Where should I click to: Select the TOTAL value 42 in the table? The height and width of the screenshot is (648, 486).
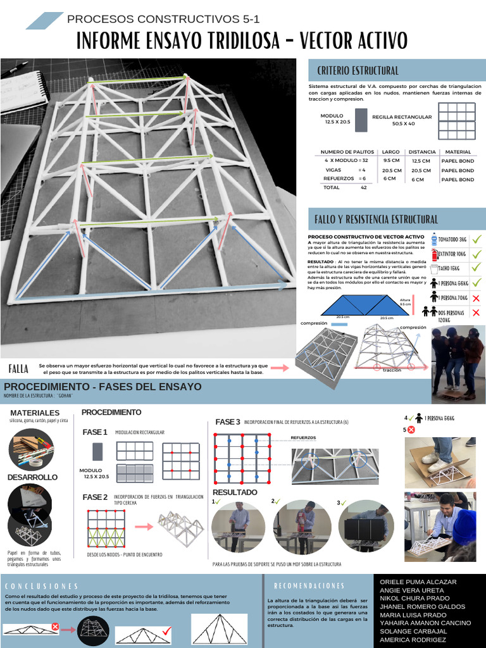point(363,188)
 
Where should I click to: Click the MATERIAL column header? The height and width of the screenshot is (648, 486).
point(458,152)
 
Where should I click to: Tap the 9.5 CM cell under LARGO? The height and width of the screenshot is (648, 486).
point(391,161)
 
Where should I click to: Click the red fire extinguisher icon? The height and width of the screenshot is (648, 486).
point(434,254)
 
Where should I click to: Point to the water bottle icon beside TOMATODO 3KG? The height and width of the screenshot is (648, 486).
point(434,239)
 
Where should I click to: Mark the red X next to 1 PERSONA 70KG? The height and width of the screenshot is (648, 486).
point(477,298)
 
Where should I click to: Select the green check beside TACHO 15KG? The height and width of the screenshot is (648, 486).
point(477,268)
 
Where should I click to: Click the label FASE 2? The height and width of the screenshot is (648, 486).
point(95,497)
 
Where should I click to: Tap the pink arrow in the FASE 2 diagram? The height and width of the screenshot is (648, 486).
point(145,526)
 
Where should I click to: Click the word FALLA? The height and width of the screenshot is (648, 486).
point(18,369)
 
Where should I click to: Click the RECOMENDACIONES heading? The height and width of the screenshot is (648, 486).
point(309,586)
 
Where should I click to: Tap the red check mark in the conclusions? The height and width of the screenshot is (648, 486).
point(166,630)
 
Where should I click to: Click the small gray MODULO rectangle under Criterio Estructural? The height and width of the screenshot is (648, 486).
point(361,120)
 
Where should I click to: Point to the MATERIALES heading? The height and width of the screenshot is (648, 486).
point(35,413)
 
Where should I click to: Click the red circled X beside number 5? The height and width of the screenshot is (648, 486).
point(411,430)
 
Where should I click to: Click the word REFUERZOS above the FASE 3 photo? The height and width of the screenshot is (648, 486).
point(303,437)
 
